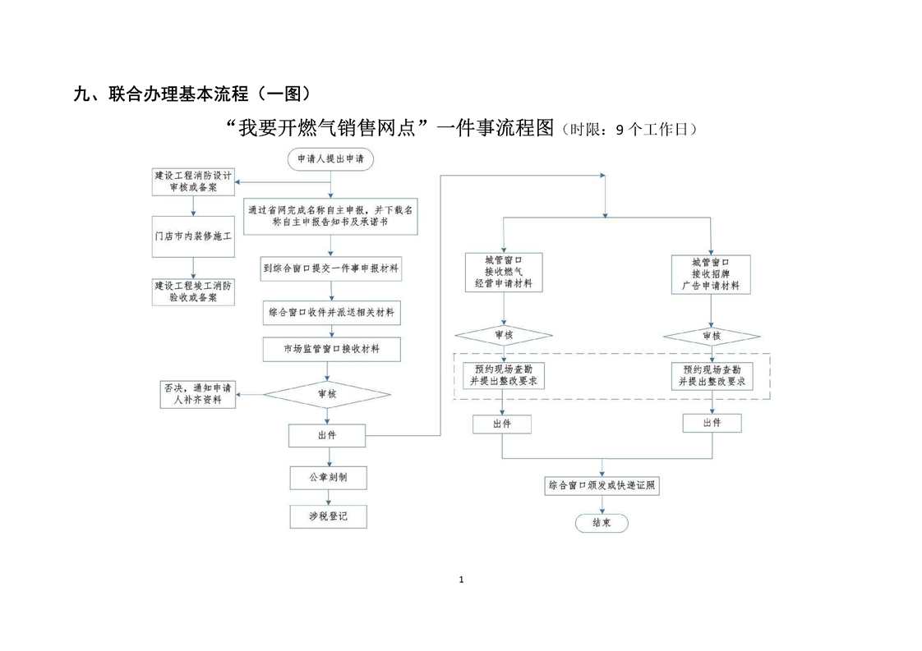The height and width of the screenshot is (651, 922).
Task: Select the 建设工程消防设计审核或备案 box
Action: (193, 181)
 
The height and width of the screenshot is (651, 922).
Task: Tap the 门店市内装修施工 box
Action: (194, 235)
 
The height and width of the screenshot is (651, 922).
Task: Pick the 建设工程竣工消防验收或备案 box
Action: (193, 291)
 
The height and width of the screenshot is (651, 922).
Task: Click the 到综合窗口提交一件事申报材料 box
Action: (331, 268)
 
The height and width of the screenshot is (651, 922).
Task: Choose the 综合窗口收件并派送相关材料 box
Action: (331, 312)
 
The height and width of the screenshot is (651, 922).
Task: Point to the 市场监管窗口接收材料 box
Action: (331, 349)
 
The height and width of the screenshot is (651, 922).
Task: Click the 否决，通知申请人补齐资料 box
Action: (197, 394)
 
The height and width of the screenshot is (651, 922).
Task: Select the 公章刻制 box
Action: (327, 477)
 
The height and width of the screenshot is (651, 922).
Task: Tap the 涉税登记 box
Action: (327, 516)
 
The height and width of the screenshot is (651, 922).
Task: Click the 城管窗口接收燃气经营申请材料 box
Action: (503, 273)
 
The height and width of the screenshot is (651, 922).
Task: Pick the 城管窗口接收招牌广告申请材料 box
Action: (711, 273)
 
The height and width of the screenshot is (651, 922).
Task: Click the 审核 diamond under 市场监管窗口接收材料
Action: (326, 393)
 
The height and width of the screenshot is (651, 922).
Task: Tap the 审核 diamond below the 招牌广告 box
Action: (711, 336)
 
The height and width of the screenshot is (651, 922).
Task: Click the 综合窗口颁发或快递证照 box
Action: (602, 485)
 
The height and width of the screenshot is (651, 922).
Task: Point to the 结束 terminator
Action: (601, 523)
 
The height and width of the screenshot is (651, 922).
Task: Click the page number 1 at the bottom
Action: (461, 580)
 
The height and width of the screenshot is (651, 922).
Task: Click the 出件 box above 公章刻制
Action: (326, 435)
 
